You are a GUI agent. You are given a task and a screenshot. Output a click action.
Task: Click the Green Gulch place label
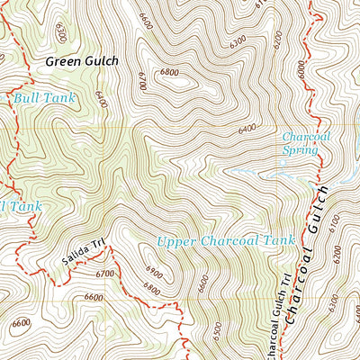(x=82, y=62)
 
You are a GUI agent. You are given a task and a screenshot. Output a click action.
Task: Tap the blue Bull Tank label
(x=43, y=95)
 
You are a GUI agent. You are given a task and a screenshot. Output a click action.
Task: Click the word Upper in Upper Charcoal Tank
(x=176, y=241)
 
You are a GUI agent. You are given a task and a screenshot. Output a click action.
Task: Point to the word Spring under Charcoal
(x=300, y=150)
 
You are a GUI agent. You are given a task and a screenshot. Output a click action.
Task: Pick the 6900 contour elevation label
(x=154, y=272)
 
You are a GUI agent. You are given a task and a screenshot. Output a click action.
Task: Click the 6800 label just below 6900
(x=151, y=291)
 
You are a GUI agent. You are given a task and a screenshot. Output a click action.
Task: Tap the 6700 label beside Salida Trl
(x=104, y=274)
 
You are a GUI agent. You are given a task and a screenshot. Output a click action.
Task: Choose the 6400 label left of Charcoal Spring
(x=248, y=130)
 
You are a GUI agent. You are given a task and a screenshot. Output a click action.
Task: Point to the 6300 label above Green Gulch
(x=59, y=32)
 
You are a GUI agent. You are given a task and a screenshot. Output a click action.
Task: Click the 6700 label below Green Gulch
(x=142, y=81)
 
